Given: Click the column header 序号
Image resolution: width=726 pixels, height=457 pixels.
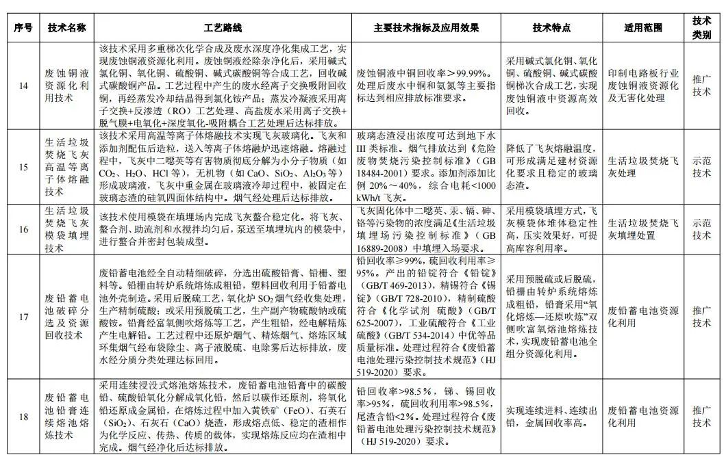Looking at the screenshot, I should (23, 29).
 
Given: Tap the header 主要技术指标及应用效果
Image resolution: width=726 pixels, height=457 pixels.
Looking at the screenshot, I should (426, 29).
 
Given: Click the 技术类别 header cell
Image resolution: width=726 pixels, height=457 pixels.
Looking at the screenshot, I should (701, 29).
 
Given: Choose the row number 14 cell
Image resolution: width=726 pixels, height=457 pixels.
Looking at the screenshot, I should (23, 86).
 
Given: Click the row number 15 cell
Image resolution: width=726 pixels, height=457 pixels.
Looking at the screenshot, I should (23, 167).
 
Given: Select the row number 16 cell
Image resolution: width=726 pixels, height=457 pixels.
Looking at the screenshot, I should (23, 229).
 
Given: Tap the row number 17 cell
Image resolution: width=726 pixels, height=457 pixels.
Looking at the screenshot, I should (23, 316).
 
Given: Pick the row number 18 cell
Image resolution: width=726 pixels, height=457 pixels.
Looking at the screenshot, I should (23, 416).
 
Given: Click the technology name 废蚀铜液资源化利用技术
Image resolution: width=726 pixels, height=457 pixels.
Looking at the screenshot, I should (66, 86).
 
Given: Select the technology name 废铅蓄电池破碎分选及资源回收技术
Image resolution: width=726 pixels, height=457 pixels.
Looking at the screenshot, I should (66, 316).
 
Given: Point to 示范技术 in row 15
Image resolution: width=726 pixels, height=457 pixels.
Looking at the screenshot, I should (701, 167).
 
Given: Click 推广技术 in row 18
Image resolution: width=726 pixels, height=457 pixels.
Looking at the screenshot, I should (701, 416).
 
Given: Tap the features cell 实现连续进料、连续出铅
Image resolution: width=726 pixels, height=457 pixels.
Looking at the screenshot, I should (551, 416).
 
